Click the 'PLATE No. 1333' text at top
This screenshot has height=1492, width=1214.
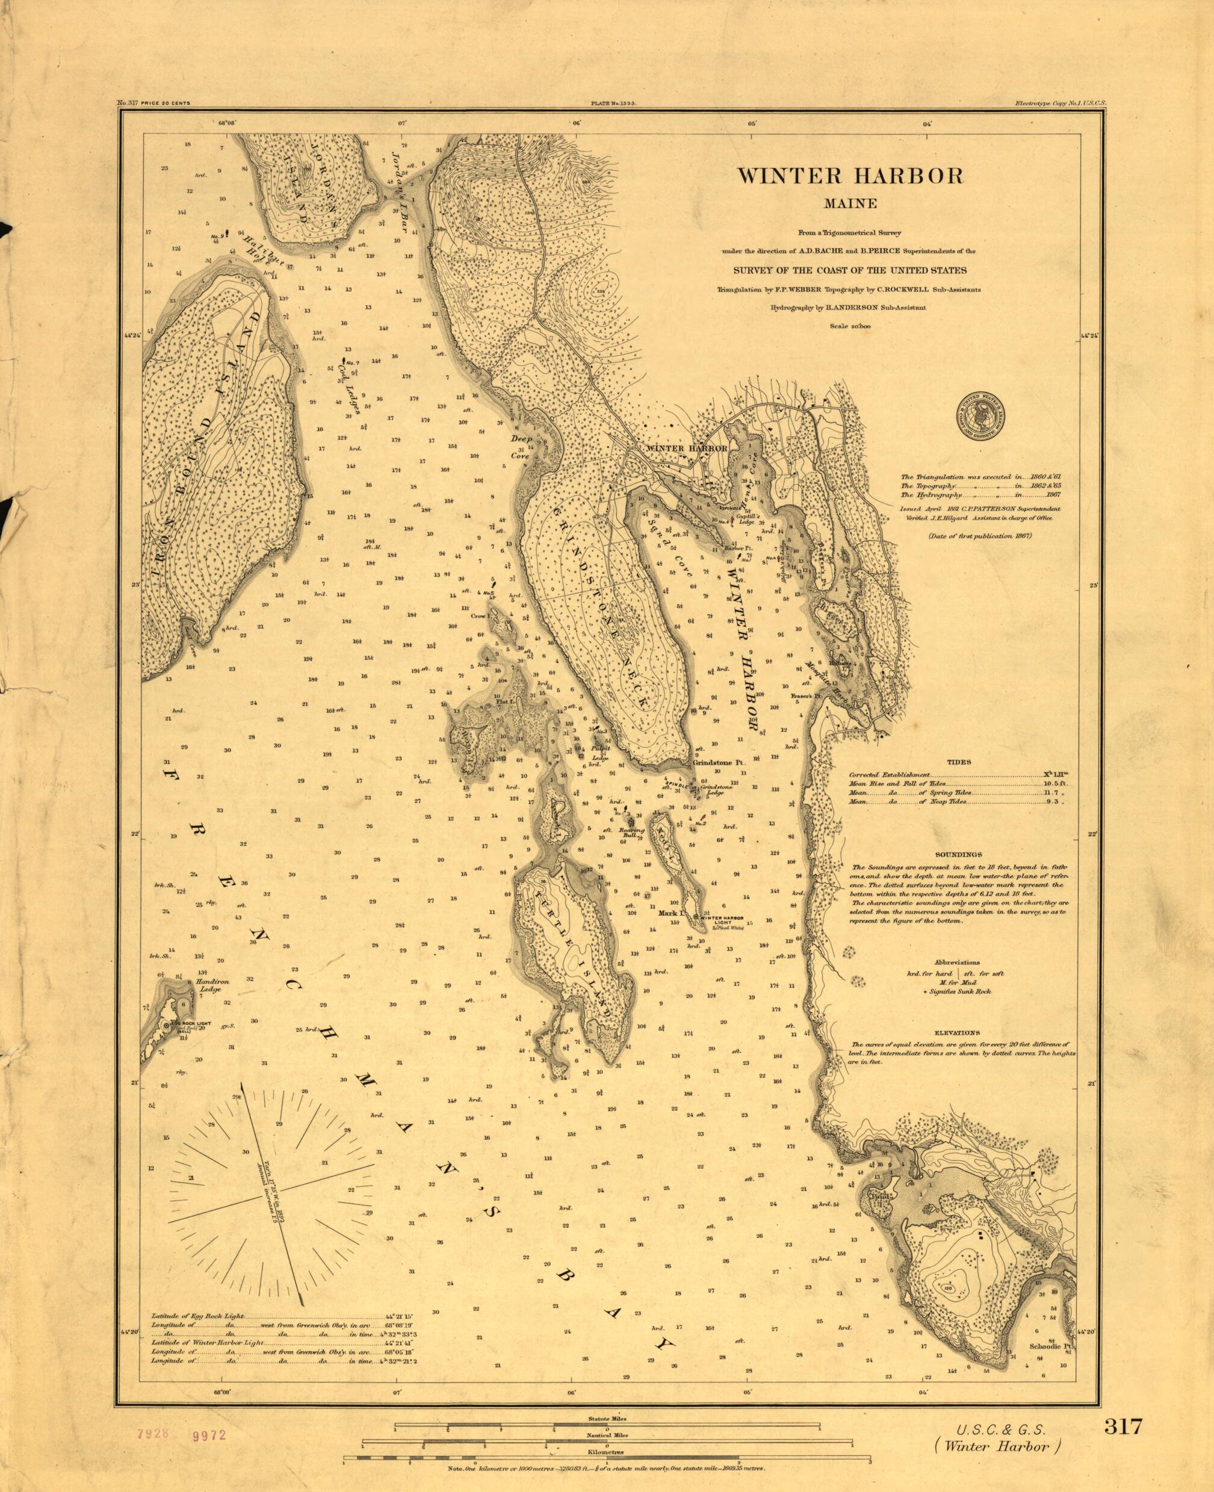(x=607, y=103)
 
